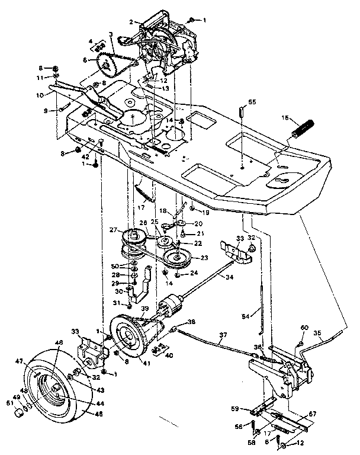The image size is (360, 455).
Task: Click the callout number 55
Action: pyautogui.click(x=252, y=102)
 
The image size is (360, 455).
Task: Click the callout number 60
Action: pyautogui.click(x=304, y=328)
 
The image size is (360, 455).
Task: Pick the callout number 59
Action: pyautogui.click(x=235, y=408)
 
